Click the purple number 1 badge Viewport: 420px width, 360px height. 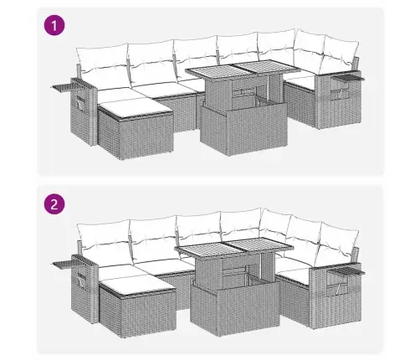54,26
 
